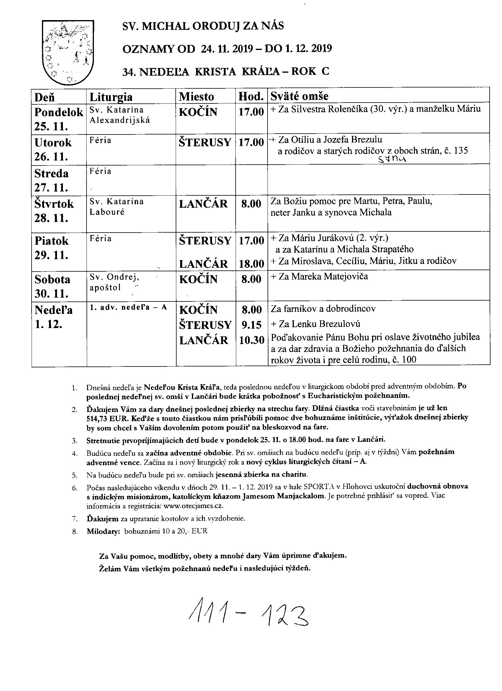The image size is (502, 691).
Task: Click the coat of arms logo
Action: [68, 52]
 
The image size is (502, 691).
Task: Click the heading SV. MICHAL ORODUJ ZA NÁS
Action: [203, 26]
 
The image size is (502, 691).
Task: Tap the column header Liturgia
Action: [111, 97]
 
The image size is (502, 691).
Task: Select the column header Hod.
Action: [251, 97]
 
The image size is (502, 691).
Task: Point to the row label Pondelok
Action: [58, 112]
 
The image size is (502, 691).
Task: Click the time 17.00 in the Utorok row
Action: [251, 142]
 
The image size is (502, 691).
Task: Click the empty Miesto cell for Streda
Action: [206, 180]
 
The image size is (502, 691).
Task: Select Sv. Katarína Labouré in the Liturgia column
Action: [116, 207]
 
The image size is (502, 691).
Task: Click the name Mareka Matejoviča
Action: [329, 276]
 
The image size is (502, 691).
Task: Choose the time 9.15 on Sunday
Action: [252, 325]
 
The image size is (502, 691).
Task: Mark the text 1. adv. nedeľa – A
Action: [128, 307]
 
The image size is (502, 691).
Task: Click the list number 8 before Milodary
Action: [75, 531]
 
